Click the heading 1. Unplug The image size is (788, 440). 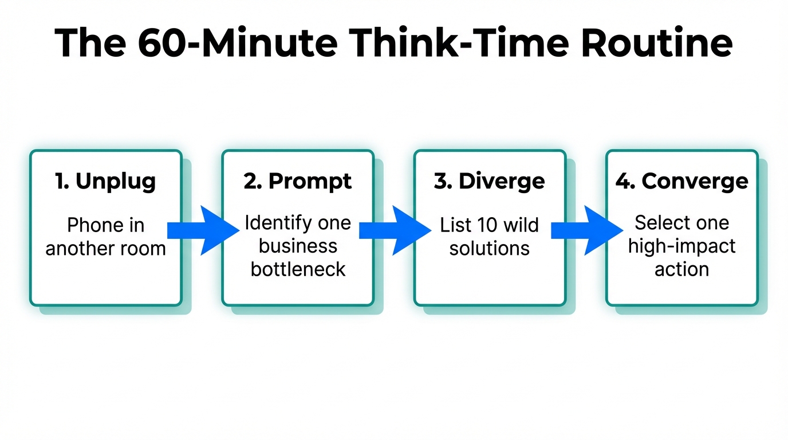coord(105,181)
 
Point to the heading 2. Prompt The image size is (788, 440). coord(298,181)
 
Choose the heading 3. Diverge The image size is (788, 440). coord(490,181)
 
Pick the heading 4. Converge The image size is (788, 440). coord(681,181)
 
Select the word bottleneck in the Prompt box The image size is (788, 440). coord(298,269)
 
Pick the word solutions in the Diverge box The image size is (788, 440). coord(490,249)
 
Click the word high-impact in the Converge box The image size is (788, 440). coord(681,246)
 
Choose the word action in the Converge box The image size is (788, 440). coord(681,269)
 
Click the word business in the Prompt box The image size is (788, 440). coord(298,246)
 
